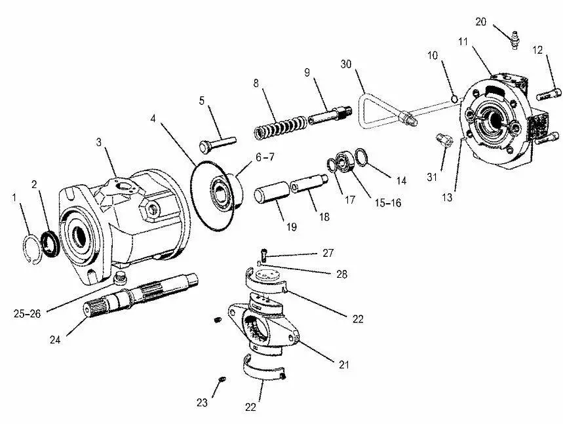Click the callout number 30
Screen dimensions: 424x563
tap(347, 64)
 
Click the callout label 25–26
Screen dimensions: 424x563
tap(26, 314)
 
